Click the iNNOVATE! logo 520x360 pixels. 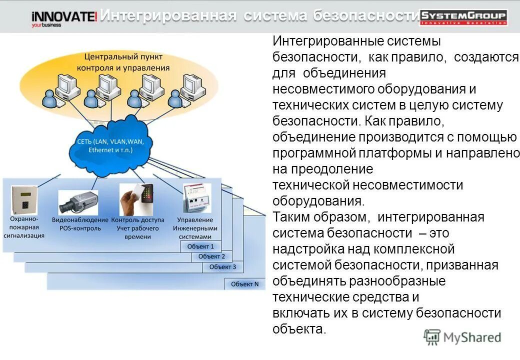click(x=64, y=18)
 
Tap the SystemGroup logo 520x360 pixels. click(x=463, y=17)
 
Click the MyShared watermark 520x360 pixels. click(x=462, y=337)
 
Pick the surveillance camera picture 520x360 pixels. click(x=78, y=201)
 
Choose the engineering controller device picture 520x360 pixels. click(x=196, y=198)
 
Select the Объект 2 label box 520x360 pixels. click(x=211, y=256)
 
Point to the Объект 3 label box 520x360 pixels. click(x=222, y=266)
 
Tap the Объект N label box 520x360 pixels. click(x=244, y=284)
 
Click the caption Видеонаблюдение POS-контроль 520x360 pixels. click(x=80, y=224)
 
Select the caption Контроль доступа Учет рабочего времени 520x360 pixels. click(x=137, y=228)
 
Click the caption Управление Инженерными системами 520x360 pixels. click(x=195, y=228)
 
